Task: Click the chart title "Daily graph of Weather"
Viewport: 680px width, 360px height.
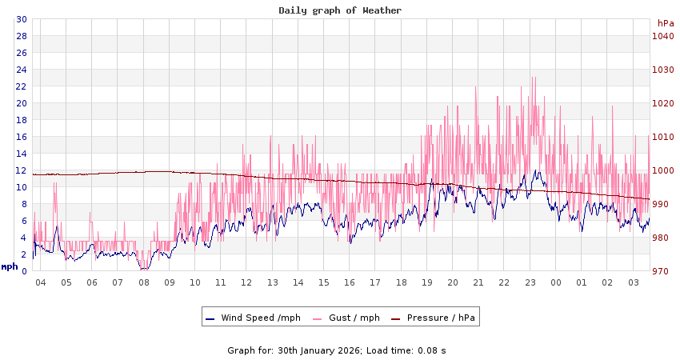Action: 340,10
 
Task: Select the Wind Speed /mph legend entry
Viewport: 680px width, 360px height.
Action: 253,318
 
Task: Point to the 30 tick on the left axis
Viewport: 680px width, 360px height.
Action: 22,19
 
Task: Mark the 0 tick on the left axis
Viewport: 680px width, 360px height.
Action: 24,271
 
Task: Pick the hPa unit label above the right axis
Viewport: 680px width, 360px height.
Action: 666,23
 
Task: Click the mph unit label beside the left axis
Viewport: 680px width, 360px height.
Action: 10,266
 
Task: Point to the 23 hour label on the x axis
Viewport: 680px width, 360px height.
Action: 530,282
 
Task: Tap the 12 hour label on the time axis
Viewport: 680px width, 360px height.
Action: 246,282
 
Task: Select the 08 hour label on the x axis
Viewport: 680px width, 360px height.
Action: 144,282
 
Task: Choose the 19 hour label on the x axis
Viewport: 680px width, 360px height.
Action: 426,282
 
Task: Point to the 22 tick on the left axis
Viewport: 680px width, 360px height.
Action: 22,86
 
